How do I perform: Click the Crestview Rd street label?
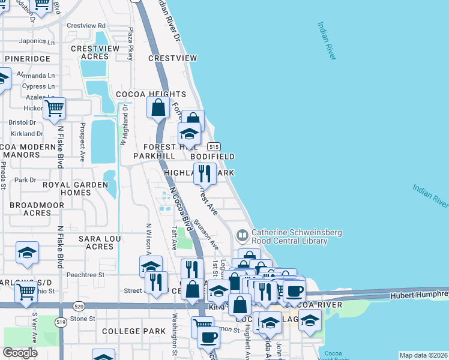tap(86, 26)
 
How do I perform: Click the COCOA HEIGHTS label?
tap(151, 94)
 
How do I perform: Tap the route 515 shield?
tap(214, 146)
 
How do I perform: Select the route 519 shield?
tap(62, 322)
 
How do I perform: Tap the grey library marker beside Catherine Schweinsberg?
tap(243, 233)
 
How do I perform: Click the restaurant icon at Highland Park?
tap(205, 174)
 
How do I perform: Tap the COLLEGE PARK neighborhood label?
tap(133, 331)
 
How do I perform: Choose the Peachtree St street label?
tap(86, 274)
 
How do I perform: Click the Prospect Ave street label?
tap(83, 142)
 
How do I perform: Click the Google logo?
tap(20, 353)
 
